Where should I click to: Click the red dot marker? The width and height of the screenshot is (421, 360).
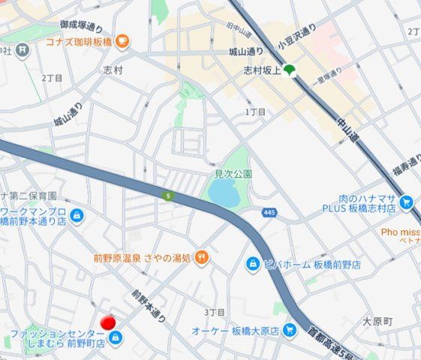(109, 322)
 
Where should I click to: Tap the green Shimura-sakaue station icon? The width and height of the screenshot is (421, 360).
(290, 70)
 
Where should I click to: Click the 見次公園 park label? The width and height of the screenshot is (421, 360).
(233, 173)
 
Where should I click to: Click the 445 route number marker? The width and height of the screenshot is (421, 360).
(269, 213)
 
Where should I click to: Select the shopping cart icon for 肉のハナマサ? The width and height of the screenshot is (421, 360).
(406, 202)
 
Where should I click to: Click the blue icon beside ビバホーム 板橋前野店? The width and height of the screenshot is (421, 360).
(254, 264)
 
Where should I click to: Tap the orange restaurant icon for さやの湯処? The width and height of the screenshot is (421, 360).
(201, 258)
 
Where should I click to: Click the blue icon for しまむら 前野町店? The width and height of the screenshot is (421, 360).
(115, 338)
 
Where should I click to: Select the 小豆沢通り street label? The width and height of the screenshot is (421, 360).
(297, 37)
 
